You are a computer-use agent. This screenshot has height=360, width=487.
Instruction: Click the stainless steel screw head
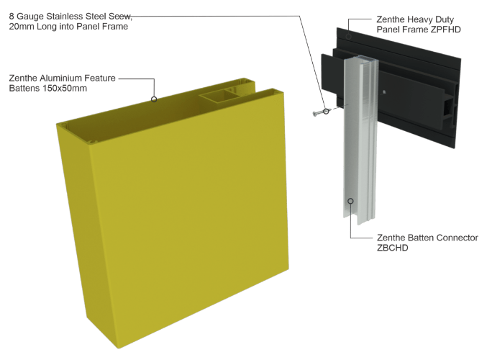click(314, 114)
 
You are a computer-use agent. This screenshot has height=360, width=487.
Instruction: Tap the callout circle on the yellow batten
click(154, 99)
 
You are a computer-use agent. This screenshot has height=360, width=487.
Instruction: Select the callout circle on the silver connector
click(350, 201)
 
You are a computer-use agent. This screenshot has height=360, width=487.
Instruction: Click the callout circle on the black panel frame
click(348, 37)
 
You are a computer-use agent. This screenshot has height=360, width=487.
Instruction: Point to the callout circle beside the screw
click(326, 111)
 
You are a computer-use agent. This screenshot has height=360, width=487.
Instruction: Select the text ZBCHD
click(392, 248)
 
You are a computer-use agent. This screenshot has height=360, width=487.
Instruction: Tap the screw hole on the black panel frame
click(385, 91)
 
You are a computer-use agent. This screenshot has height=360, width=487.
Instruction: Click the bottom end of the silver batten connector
click(360, 220)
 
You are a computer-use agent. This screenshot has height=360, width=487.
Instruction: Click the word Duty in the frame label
click(445, 19)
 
